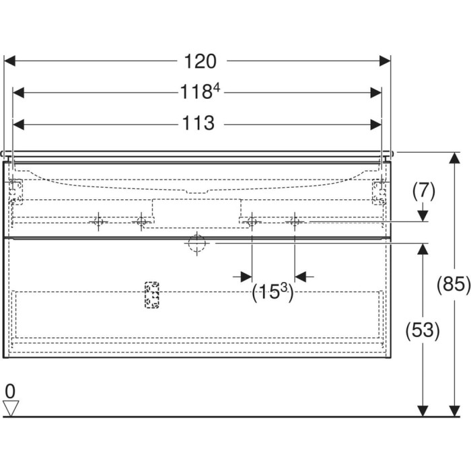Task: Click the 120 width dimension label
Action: click(200, 61)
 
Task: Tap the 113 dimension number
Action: click(198, 123)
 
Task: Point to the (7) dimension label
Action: click(423, 192)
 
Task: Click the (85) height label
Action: click(454, 284)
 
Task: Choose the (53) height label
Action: click(423, 330)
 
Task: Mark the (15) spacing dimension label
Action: click(273, 292)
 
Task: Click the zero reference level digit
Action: click(10, 392)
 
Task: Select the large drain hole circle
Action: click(197, 244)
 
